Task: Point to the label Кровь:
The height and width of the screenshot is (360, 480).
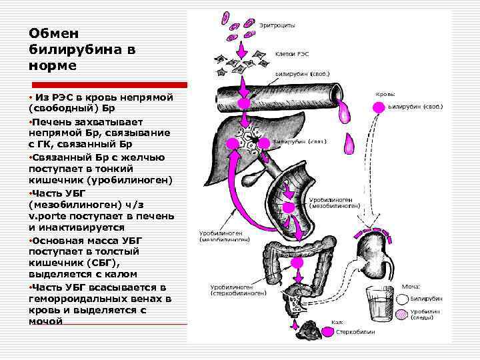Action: (x=386, y=95)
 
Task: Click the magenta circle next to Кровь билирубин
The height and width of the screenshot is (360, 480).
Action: (x=378, y=105)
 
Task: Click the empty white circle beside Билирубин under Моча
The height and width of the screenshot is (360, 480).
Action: (x=401, y=300)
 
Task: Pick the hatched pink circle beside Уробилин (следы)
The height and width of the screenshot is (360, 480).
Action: (x=401, y=315)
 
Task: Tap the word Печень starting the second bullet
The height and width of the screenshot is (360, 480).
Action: (x=54, y=122)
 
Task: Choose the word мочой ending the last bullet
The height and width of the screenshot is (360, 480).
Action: (x=46, y=321)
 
